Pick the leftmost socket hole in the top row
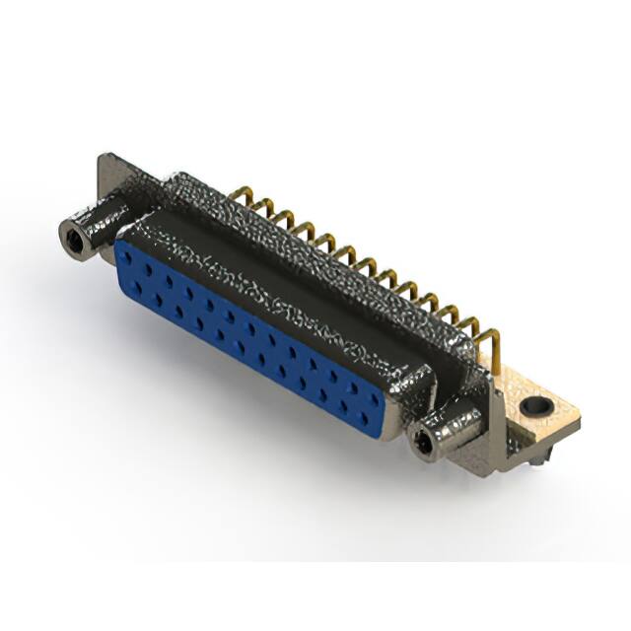tap(144, 259)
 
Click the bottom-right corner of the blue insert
tap(381, 431)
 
